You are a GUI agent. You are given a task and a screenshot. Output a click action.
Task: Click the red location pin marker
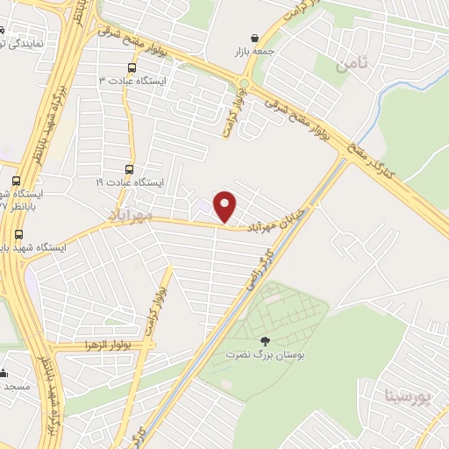[x=225, y=206]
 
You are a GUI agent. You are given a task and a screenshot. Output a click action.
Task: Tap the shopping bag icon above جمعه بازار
[x=254, y=39]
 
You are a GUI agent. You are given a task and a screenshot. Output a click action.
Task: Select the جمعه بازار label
[x=254, y=52]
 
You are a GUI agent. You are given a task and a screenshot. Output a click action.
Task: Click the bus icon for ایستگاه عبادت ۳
[x=132, y=68]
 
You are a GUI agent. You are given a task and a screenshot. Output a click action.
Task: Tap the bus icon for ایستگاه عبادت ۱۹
[x=130, y=170]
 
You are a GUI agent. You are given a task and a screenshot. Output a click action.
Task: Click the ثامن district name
[x=353, y=63]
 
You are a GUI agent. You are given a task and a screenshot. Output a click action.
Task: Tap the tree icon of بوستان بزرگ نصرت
[x=265, y=341]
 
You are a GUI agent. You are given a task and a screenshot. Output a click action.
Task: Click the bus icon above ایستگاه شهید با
[x=19, y=234]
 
